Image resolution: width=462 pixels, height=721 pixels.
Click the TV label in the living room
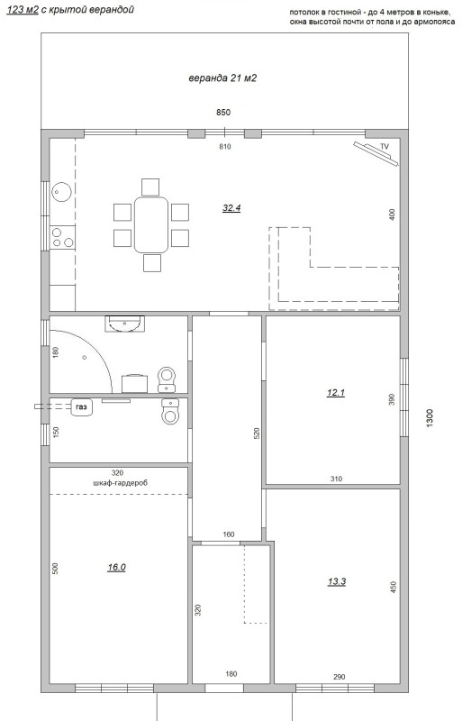[385, 146]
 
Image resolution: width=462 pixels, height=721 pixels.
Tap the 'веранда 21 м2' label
[222, 78]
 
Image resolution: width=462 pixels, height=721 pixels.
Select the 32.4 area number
[231, 208]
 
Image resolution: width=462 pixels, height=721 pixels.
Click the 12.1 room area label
[336, 393]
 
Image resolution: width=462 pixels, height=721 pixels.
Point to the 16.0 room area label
[116, 568]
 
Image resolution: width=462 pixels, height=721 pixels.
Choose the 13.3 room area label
[337, 581]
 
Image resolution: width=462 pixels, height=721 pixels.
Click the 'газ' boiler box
[82, 407]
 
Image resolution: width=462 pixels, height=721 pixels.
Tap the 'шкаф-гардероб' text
[120, 483]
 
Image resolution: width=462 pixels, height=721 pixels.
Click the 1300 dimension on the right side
[430, 418]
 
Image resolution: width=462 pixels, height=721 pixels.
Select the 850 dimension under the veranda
[223, 112]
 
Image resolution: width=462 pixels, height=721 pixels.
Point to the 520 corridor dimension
[257, 434]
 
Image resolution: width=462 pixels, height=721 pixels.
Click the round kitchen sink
[61, 191]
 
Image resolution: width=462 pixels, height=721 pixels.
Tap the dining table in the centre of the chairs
[151, 224]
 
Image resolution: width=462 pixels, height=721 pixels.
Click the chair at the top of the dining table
[150, 187]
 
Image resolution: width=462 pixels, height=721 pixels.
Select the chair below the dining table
[152, 263]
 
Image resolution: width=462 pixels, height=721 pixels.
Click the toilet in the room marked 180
[167, 379]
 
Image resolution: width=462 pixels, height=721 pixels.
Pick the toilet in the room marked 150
[170, 411]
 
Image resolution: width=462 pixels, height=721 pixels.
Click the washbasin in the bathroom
[124, 324]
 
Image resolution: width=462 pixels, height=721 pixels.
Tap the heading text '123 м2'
[23, 10]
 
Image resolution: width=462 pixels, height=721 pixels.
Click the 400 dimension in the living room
[392, 214]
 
